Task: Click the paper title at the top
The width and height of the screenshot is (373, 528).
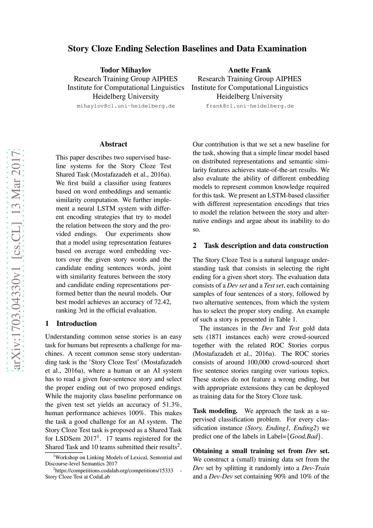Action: [187, 49]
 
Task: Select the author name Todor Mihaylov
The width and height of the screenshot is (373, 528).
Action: [126, 70]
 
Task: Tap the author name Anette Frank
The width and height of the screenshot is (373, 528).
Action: [250, 70]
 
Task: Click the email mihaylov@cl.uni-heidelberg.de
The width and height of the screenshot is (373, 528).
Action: [126, 106]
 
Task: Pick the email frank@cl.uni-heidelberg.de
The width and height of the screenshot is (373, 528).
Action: [250, 106]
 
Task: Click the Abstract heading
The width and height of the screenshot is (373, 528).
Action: [113, 144]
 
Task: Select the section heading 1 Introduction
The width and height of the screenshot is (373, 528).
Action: [71, 324]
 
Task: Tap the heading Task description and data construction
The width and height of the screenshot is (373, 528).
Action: [266, 246]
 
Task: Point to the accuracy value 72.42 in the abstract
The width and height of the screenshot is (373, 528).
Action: [162, 302]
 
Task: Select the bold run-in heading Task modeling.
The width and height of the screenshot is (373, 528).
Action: [215, 411]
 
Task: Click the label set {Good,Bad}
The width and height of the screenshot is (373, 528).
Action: [304, 437]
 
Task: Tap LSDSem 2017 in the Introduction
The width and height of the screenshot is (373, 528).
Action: [76, 439]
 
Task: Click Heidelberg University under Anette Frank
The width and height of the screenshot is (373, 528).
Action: [250, 97]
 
